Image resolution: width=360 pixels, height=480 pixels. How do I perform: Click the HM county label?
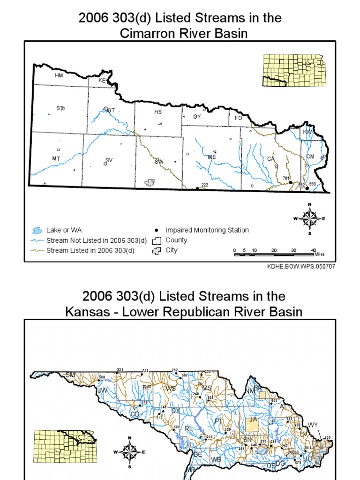59,75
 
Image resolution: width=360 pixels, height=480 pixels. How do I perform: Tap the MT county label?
56,159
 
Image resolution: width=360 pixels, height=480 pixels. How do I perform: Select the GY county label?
197,117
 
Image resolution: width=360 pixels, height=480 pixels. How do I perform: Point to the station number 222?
204,185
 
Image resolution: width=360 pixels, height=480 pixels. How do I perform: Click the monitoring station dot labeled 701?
291,182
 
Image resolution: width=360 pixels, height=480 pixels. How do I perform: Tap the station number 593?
312,184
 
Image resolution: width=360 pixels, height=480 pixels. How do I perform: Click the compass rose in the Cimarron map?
309,218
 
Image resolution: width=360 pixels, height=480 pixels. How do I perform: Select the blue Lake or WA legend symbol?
36,230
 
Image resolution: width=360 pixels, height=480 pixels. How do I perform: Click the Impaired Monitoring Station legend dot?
156,230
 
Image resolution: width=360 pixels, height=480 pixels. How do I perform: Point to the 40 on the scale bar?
314,250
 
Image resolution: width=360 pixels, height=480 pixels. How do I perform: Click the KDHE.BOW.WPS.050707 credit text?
300,266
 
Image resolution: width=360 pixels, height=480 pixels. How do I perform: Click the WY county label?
313,425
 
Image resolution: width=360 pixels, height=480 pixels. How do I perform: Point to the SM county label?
70,375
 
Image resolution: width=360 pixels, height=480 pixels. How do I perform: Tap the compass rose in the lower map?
129,452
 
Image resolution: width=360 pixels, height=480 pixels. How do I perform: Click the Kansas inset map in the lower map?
63,445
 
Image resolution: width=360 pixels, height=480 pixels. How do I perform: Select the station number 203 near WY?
328,437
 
